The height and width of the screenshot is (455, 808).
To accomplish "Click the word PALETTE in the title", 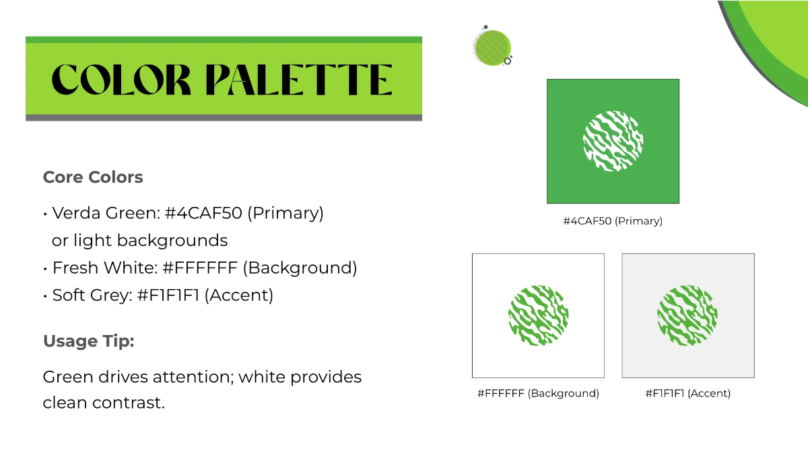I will click(x=298, y=80).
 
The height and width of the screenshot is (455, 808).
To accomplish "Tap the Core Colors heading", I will click(x=93, y=177).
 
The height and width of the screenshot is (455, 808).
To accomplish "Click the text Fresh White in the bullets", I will click(x=104, y=268).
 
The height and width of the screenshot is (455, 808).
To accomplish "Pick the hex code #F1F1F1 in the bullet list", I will click(x=168, y=295).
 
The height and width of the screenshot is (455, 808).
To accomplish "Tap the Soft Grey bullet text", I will click(x=90, y=295).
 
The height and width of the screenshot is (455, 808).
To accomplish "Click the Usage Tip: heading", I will click(x=88, y=341).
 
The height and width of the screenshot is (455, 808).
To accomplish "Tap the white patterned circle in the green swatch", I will click(x=613, y=142).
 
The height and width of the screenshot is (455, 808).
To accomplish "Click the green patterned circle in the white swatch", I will click(x=538, y=315).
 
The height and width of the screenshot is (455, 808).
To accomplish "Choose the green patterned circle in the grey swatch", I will click(x=687, y=315).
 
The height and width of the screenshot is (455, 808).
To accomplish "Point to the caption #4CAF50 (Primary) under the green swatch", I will click(x=613, y=221).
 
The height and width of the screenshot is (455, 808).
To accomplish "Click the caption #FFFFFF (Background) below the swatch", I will click(x=538, y=394).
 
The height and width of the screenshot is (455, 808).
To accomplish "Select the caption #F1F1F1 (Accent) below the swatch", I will click(x=687, y=394).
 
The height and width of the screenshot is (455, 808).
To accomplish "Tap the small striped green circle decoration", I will click(x=492, y=47).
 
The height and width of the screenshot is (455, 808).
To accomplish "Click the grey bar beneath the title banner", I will click(x=224, y=118).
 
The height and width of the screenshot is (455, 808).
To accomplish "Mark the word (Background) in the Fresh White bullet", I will click(x=300, y=268).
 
